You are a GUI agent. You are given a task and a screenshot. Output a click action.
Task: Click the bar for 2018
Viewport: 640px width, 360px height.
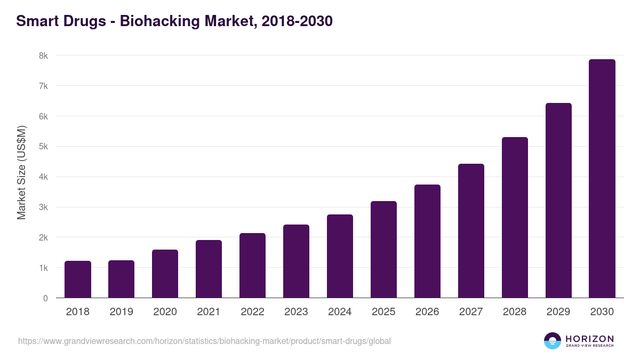coord(78,279)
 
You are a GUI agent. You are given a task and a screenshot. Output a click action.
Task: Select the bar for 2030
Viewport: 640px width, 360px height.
coord(602,179)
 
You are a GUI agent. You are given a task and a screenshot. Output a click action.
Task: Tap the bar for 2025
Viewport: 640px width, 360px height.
coord(383,250)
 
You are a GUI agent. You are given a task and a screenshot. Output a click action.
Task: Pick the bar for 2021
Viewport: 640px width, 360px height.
coord(209,269)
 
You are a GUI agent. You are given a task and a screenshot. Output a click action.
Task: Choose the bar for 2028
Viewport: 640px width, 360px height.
coord(515,218)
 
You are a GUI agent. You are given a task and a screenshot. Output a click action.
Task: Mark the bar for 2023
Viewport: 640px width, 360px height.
coord(296,261)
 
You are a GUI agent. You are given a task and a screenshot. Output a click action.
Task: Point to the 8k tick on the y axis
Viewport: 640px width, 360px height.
coord(43,55)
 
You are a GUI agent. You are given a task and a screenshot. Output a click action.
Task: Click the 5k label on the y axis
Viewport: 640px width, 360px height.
coord(43,147)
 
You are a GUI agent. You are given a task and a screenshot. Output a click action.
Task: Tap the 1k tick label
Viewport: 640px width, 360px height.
coord(43,268)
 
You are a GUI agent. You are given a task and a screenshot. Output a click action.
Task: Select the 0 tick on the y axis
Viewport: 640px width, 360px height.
coord(45,298)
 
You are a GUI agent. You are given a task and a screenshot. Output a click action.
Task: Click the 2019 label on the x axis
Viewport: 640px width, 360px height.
coord(122,312)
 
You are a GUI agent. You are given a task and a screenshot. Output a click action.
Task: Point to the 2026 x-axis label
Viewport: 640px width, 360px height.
coord(427,312)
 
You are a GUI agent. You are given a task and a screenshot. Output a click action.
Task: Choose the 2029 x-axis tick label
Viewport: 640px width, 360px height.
coord(558,312)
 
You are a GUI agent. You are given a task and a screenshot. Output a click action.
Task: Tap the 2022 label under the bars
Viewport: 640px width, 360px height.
coord(252,312)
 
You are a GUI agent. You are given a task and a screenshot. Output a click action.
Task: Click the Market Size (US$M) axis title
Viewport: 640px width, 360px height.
coord(21,173)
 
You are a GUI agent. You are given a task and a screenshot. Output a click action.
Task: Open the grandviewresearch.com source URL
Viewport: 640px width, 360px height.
coord(204,341)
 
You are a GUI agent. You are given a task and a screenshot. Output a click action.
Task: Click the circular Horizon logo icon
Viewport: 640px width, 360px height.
coord(553,341)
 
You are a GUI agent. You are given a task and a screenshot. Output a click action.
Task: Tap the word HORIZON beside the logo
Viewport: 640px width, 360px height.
coord(589,338)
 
